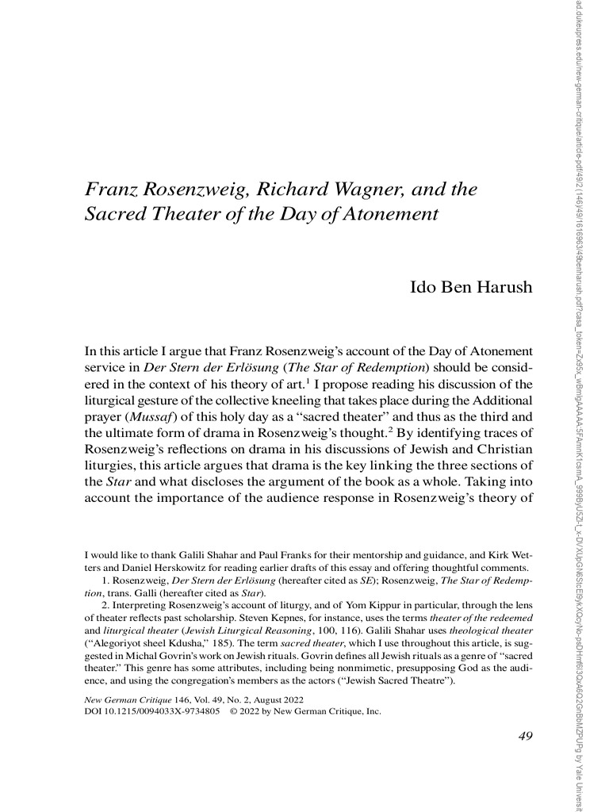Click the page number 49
point(524,737)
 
